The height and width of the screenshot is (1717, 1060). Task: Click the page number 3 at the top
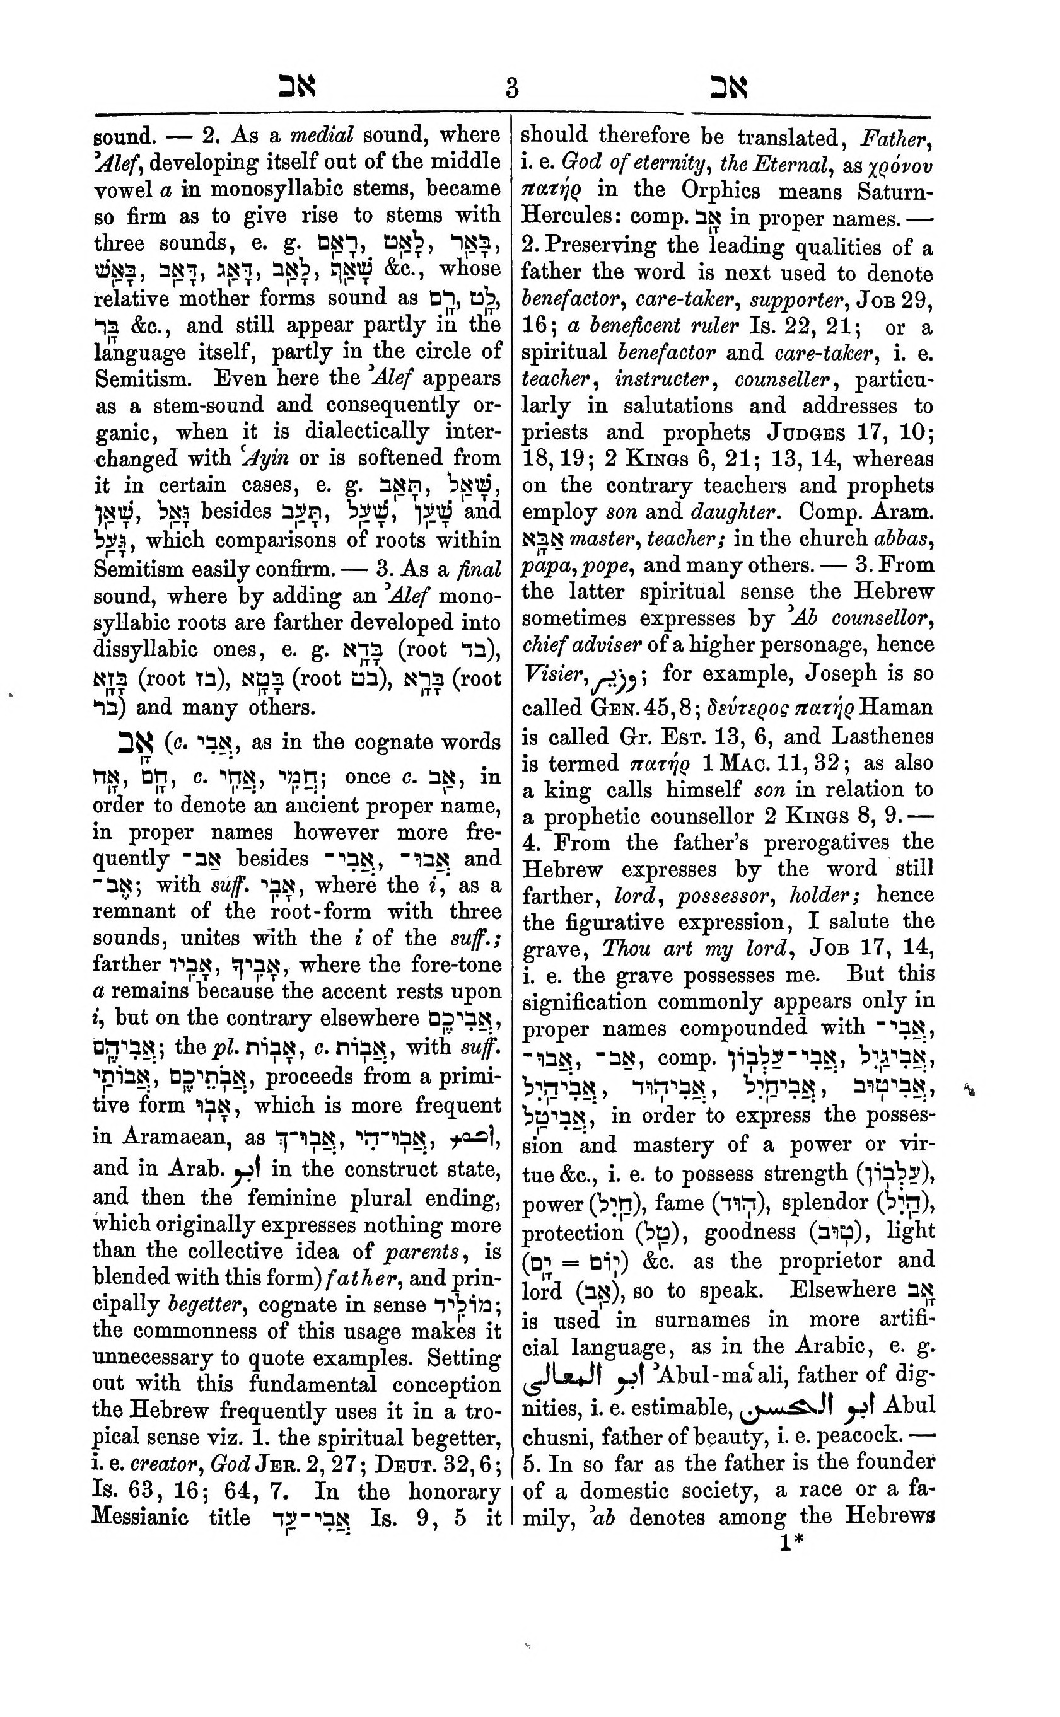[x=512, y=89]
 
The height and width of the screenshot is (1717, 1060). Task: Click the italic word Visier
[x=552, y=676]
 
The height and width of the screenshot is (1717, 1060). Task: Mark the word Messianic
[x=141, y=1517]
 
